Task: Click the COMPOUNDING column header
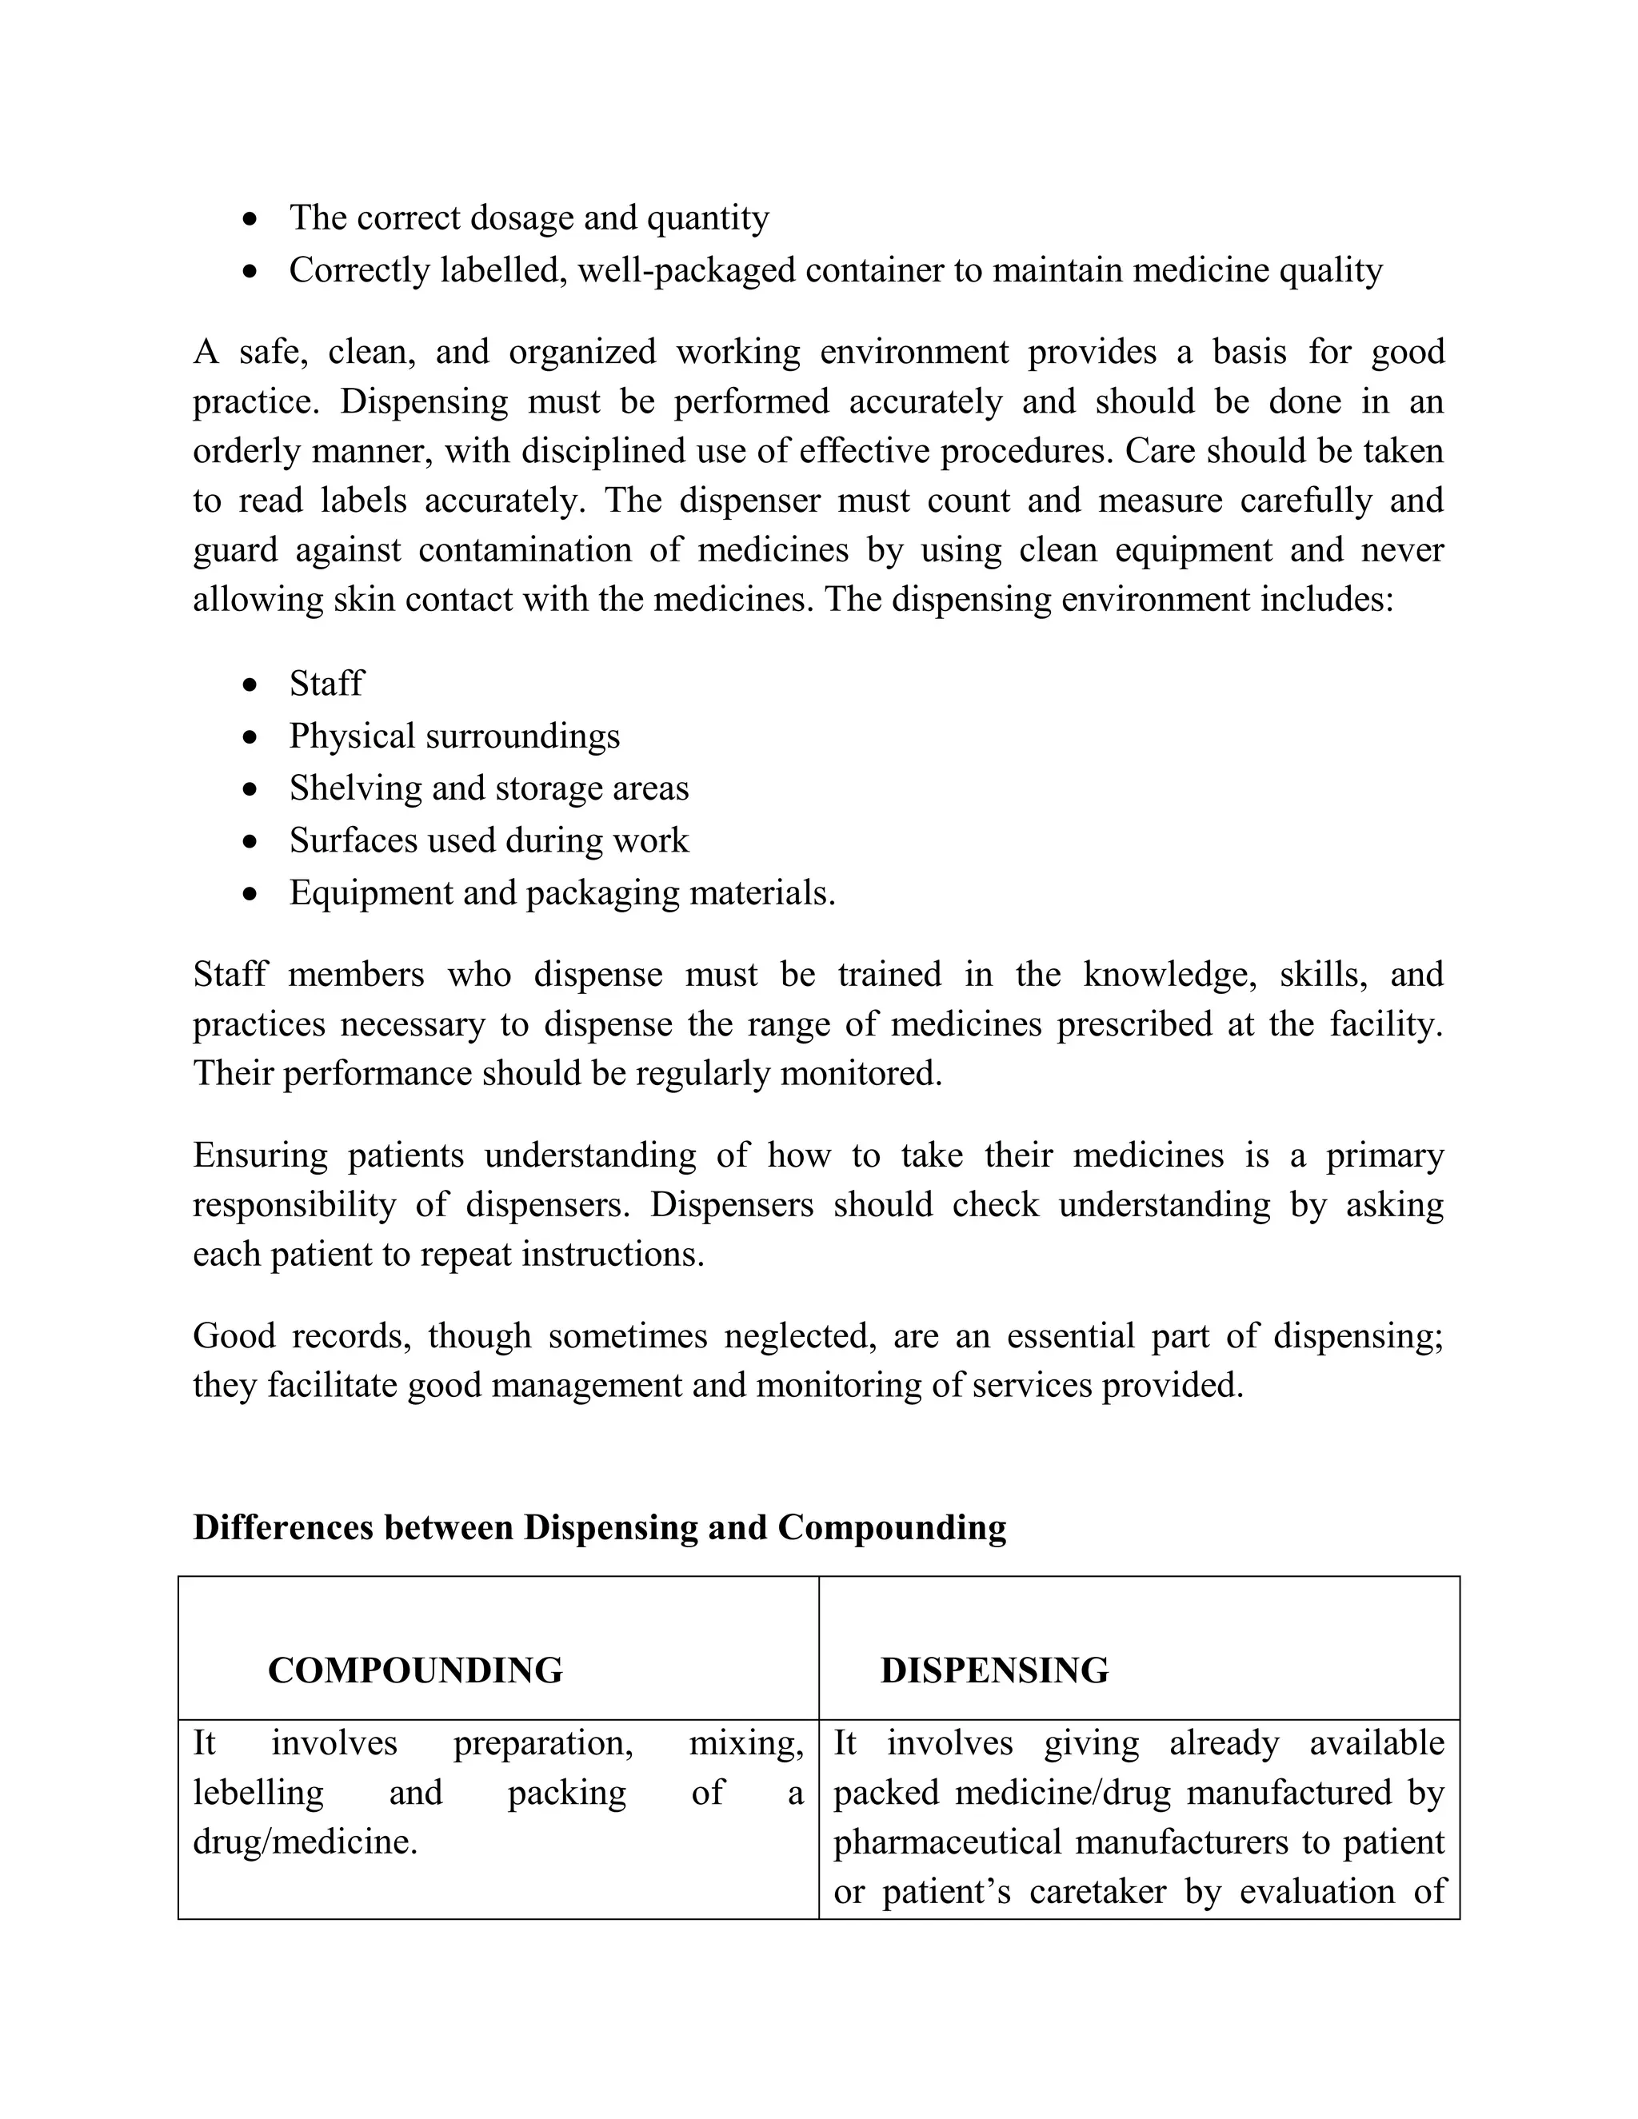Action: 414,1670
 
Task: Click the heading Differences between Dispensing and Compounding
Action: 599,1527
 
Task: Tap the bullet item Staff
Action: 326,684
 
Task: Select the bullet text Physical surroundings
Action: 454,736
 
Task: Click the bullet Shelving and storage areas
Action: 488,788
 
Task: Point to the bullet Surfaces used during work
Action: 488,840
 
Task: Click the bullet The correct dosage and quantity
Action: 529,218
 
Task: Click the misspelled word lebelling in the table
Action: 258,1793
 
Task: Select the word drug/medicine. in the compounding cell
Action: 305,1842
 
